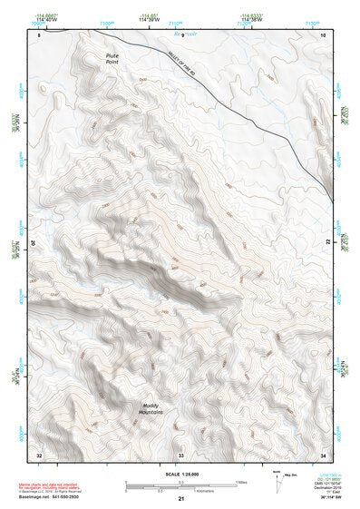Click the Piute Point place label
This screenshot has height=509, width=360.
112,61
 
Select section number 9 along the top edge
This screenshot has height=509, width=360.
182,34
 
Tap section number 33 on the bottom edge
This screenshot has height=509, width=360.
180,454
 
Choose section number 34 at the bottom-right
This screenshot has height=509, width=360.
323,454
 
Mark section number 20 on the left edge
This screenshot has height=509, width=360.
34,243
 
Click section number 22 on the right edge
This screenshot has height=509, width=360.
327,243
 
